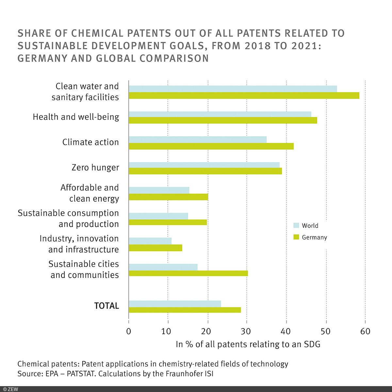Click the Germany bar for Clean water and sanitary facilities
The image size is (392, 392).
tap(244, 95)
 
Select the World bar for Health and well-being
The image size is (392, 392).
tap(220, 114)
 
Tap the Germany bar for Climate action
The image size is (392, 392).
tap(211, 146)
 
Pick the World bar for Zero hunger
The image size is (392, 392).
tap(204, 165)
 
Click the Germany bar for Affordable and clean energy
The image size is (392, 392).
tap(168, 197)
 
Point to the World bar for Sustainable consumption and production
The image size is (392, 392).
tap(158, 216)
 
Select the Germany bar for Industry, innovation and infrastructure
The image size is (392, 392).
tap(155, 248)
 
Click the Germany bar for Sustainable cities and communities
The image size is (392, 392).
tap(188, 273)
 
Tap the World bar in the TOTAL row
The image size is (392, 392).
tap(175, 304)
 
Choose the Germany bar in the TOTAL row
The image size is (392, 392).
tap(185, 310)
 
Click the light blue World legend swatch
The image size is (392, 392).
tap(296, 225)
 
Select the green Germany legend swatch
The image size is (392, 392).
tap(296, 237)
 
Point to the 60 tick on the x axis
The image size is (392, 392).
tap(365, 331)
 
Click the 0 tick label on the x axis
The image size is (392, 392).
tap(129, 331)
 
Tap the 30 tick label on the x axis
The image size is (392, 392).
tap(246, 331)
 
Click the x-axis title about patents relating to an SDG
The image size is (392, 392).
tap(248, 344)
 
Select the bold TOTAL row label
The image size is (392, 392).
tap(106, 306)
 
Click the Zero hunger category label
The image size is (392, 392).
tap(95, 168)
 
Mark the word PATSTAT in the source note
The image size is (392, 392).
tap(81, 373)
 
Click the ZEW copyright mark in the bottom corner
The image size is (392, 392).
tap(11, 389)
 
